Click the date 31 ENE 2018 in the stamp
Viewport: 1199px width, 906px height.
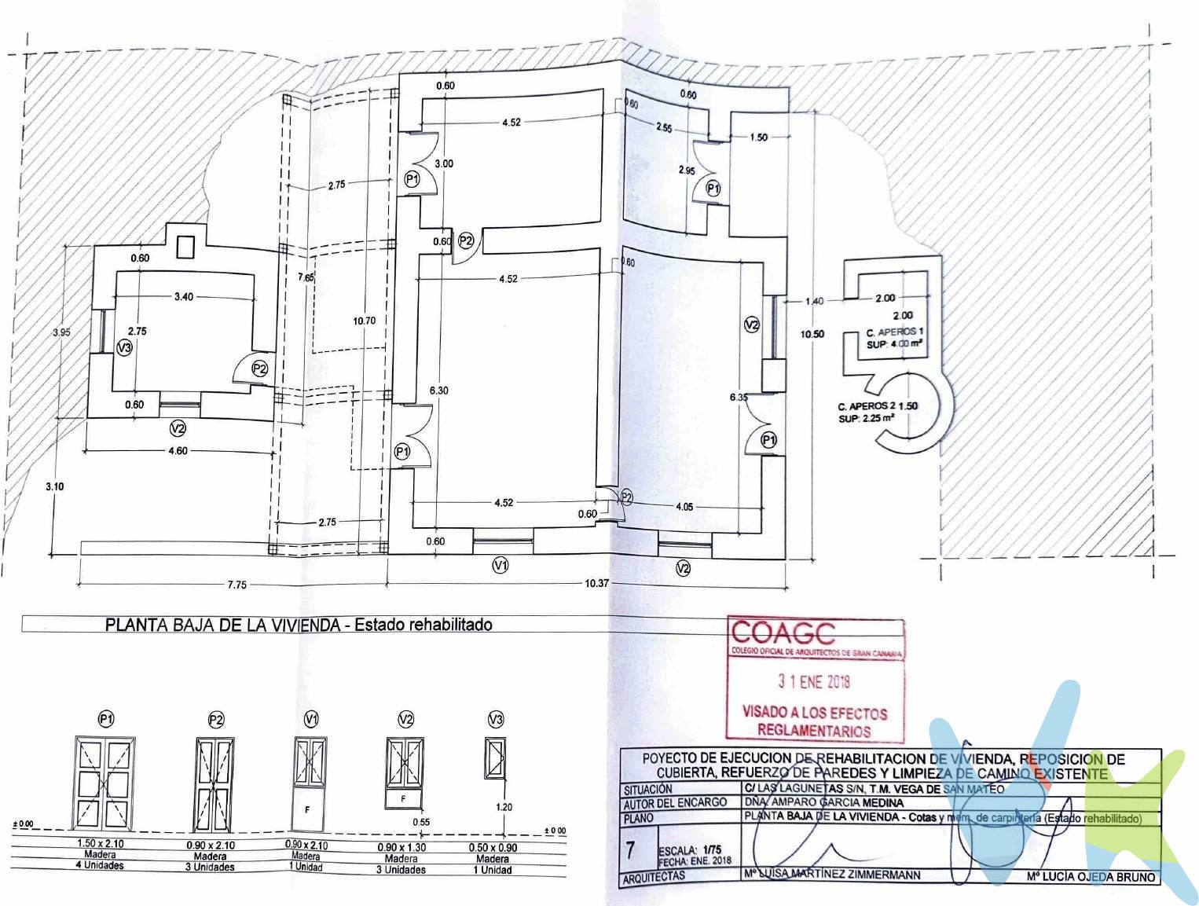tap(814, 681)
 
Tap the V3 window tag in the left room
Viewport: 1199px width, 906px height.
tap(123, 347)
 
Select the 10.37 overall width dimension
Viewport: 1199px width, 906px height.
tap(596, 583)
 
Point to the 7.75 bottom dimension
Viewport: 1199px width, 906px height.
tap(236, 584)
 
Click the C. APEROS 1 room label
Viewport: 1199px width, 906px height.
tap(894, 332)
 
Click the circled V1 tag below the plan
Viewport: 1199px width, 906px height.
tap(500, 564)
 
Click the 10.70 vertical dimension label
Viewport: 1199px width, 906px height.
tap(365, 320)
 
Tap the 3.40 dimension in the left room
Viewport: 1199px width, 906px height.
tap(184, 296)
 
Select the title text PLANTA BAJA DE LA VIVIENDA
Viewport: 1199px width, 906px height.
tap(222, 625)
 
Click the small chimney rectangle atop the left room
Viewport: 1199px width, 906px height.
tap(185, 247)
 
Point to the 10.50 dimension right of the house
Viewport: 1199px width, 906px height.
tap(812, 333)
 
